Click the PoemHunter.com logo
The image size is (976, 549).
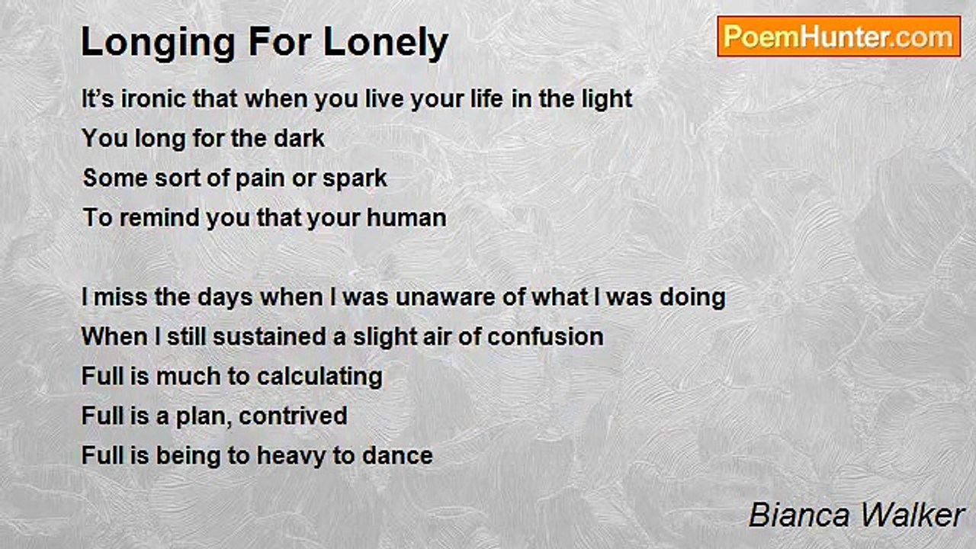coord(839,37)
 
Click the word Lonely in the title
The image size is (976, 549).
coord(386,43)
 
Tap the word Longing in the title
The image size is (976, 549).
coord(159,43)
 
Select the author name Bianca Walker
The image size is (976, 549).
coord(856,515)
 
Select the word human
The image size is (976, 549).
coord(406,218)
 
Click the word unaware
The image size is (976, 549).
coord(446,298)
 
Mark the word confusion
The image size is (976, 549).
coord(545,337)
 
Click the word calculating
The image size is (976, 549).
coord(319,377)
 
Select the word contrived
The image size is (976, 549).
coord(293,416)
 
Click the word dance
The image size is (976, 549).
coord(397,456)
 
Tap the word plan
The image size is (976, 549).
coord(204,417)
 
